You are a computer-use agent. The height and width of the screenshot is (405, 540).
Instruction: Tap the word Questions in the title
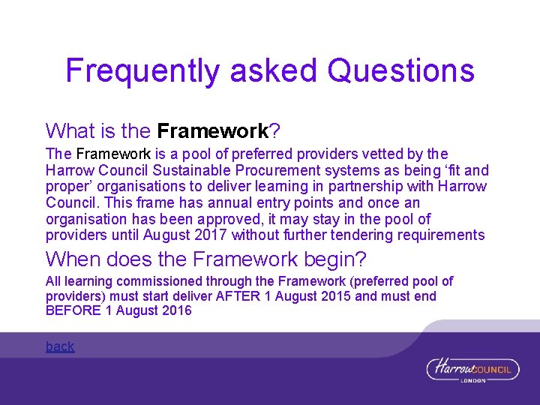click(x=402, y=70)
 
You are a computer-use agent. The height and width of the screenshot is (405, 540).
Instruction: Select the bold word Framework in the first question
click(x=213, y=131)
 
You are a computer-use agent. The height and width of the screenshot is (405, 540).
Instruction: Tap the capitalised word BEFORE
click(x=70, y=310)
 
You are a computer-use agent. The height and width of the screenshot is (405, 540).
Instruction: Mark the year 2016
click(x=177, y=310)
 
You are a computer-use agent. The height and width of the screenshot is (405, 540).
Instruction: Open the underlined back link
click(x=60, y=346)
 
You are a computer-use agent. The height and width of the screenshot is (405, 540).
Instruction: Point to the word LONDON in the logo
click(x=474, y=380)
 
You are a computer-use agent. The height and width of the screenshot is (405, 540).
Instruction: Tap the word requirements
click(x=445, y=235)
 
